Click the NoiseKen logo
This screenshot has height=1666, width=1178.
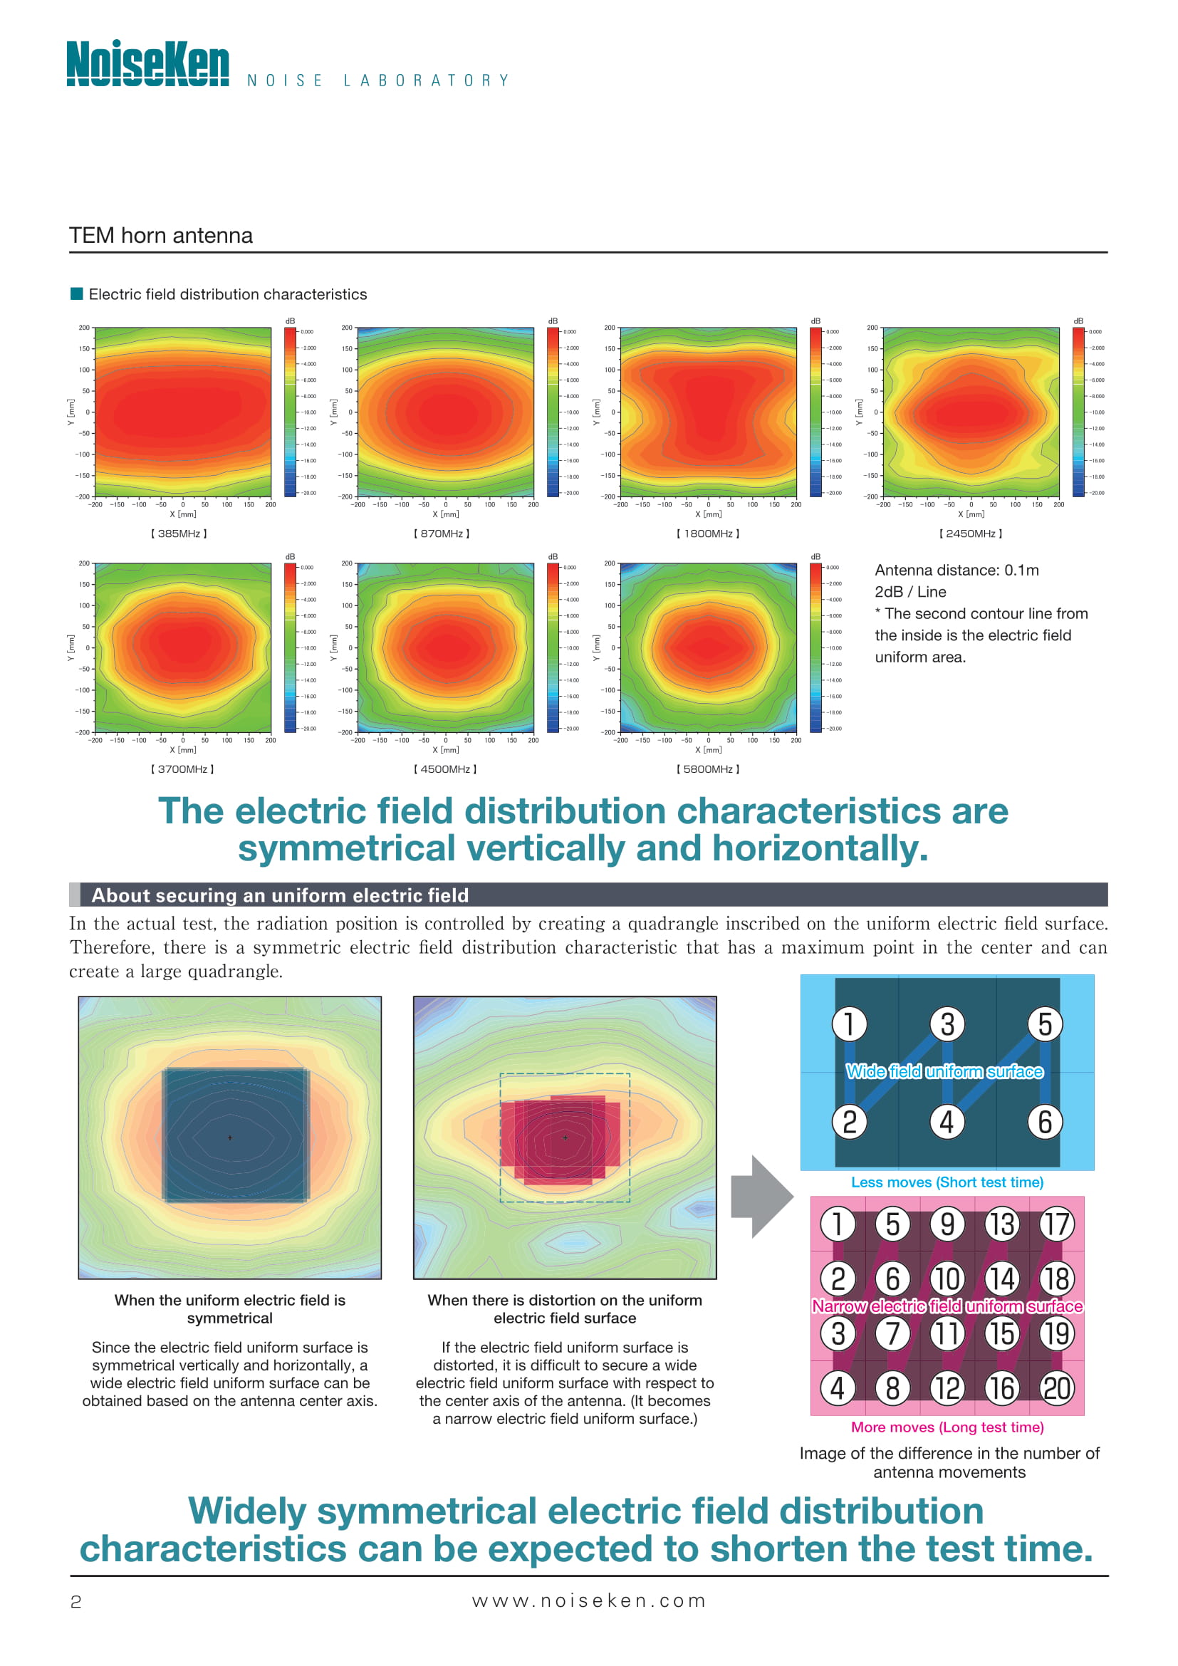point(147,63)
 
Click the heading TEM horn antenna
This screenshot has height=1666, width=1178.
point(160,236)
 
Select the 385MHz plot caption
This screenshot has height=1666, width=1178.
point(179,533)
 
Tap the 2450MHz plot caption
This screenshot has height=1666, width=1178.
point(971,533)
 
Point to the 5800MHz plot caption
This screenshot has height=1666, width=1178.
point(708,769)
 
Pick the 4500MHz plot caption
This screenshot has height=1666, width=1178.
point(445,769)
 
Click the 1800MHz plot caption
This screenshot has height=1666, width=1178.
point(708,533)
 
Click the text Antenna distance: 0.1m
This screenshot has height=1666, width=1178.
point(956,571)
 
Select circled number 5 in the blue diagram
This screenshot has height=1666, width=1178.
point(1045,1024)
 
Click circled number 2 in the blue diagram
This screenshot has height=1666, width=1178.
point(850,1122)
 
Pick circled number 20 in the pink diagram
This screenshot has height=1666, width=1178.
point(1057,1388)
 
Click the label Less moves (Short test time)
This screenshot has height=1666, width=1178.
point(947,1182)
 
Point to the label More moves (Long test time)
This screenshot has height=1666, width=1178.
point(947,1427)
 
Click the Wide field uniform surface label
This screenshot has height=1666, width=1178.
point(944,1072)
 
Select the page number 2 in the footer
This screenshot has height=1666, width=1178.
point(75,1601)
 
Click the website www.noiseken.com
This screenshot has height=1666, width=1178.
point(588,1600)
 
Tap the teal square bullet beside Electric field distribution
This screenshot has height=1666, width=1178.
point(76,294)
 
